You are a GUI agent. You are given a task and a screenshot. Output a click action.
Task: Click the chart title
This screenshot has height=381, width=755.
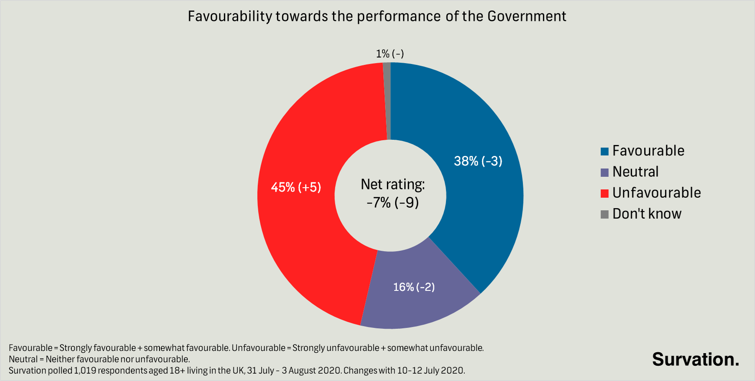[x=377, y=17]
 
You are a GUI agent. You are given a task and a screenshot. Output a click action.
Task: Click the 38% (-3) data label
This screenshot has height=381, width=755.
[x=478, y=161]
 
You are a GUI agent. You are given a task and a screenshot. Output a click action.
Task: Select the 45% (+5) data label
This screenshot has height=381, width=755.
[x=296, y=187]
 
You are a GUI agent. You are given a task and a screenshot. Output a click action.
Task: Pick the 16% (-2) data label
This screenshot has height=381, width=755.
[x=414, y=287]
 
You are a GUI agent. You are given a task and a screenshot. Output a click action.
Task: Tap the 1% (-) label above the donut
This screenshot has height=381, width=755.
[x=390, y=54]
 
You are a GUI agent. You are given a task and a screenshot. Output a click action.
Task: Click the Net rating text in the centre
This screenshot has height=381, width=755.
[x=392, y=185]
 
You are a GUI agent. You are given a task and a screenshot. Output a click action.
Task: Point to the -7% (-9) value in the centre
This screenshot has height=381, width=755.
[x=392, y=203]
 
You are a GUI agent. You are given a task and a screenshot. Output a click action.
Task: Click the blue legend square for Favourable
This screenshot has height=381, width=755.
[x=604, y=152]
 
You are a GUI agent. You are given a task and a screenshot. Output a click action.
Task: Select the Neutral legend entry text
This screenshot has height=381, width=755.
[x=635, y=172]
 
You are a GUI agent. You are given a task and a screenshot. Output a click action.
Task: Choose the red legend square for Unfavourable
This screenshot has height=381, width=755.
[x=604, y=193]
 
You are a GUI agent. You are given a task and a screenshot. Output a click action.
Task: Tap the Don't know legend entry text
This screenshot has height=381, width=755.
[x=647, y=214]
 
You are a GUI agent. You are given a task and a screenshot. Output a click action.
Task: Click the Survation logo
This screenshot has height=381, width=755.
[x=695, y=360]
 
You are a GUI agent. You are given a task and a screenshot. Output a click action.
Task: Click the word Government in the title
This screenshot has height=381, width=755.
[x=527, y=17]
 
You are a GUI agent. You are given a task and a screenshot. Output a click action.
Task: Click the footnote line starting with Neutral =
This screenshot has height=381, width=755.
[x=99, y=359]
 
